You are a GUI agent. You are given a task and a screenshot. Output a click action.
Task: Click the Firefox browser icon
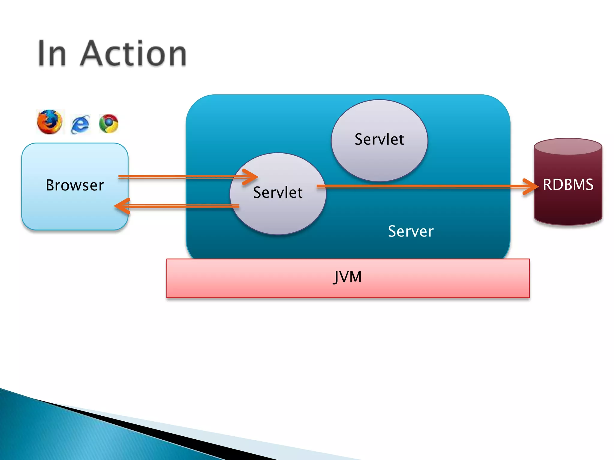(50, 122)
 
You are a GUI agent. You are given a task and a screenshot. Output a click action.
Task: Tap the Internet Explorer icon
(80, 124)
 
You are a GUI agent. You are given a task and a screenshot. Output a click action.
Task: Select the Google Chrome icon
(109, 123)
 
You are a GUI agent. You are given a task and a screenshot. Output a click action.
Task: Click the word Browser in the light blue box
(75, 185)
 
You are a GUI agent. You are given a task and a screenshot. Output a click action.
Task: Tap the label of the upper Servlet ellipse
(379, 139)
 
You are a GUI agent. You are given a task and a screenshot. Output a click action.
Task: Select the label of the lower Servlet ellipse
(278, 192)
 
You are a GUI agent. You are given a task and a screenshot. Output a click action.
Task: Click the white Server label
(410, 231)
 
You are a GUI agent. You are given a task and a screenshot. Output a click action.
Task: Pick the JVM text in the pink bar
(347, 277)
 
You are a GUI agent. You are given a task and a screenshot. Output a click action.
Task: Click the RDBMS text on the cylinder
(568, 184)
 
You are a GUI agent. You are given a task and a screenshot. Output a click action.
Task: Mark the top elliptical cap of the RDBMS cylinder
(568, 146)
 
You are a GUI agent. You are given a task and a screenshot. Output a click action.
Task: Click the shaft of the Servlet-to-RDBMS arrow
(420, 186)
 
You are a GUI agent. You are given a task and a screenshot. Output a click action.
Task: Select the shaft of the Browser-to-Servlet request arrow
(180, 177)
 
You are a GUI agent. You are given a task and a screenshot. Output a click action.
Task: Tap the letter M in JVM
(355, 277)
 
